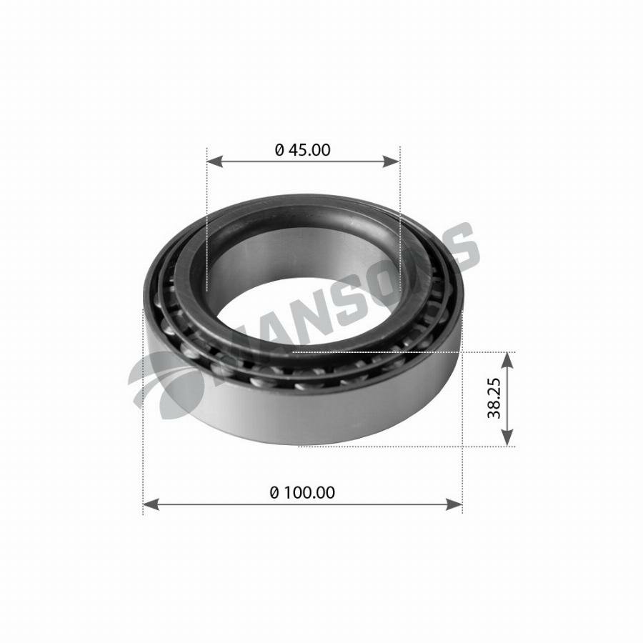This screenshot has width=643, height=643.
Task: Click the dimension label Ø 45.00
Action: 303,150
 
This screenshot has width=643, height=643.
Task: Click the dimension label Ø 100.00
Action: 303,492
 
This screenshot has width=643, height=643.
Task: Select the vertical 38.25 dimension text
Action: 494,399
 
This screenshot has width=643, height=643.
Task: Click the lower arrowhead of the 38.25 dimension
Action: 507,439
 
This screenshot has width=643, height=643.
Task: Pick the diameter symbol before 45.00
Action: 280,150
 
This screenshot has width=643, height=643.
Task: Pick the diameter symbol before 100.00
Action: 274,492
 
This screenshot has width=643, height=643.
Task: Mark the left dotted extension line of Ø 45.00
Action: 206,214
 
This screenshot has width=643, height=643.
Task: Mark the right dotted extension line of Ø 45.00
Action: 400,214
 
